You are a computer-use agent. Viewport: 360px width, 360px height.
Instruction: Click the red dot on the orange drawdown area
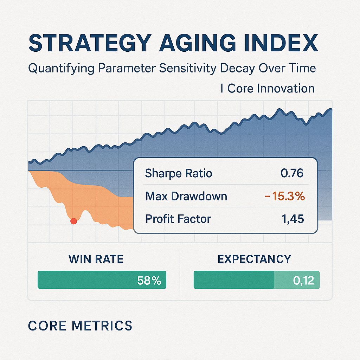73,221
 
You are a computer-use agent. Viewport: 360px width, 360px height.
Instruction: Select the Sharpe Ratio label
179,173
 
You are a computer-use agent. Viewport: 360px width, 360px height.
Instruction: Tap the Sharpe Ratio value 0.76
292,173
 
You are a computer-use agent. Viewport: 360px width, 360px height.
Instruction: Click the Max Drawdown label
186,196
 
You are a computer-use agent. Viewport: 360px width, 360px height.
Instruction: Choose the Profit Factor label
178,219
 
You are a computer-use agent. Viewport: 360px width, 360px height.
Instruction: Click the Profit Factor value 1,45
292,219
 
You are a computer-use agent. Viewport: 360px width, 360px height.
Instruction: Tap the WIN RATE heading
96,259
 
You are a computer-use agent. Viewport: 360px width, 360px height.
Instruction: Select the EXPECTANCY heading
254,259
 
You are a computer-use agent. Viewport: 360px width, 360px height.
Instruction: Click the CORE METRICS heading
80,326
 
